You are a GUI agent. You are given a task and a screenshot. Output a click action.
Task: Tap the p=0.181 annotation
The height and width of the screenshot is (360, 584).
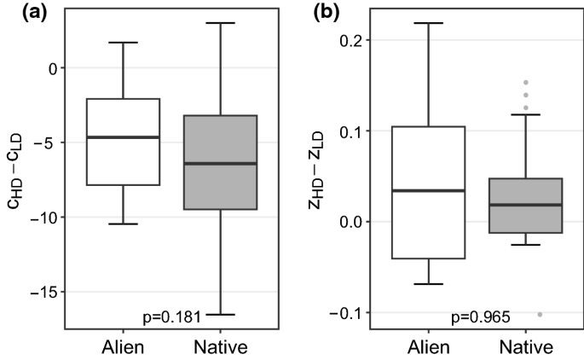click(170, 317)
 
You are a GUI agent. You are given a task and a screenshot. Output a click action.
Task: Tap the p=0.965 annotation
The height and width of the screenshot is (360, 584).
click(480, 317)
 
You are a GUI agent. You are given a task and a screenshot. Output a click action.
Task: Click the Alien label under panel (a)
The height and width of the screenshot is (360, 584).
click(124, 347)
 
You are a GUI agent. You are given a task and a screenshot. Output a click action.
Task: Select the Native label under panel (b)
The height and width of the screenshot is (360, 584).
click(526, 347)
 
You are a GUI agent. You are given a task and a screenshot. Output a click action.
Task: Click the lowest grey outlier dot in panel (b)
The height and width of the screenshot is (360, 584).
click(540, 314)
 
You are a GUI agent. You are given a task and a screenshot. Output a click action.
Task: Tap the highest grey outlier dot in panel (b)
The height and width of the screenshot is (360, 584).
click(526, 83)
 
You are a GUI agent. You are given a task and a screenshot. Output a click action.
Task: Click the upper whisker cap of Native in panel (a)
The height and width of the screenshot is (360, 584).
click(221, 23)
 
